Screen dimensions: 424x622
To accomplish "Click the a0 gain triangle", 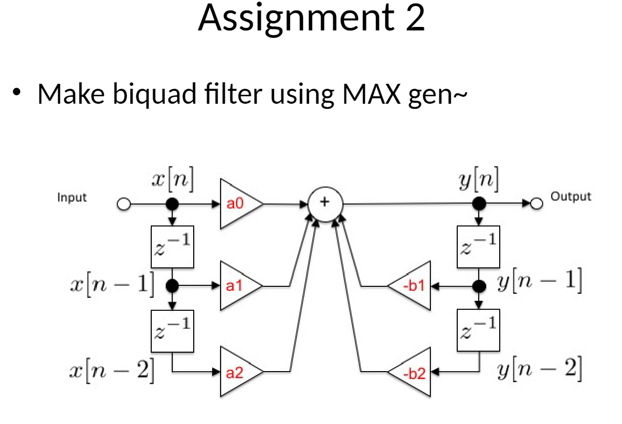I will (x=239, y=204).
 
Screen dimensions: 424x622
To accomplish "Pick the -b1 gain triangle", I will (x=411, y=286).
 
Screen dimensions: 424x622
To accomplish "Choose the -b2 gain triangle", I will (x=411, y=372).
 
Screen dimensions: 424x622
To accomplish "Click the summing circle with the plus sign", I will (x=325, y=203).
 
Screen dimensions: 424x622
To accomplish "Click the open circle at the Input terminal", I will (x=123, y=204).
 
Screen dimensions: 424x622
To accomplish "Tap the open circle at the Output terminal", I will (x=537, y=204).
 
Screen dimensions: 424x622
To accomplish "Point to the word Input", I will (x=72, y=198).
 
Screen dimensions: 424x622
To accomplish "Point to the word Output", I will (x=571, y=197).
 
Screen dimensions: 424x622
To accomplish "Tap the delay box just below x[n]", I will (x=172, y=246).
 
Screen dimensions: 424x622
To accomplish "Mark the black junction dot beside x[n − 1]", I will (x=172, y=286).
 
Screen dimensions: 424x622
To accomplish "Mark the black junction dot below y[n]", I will (x=479, y=204).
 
